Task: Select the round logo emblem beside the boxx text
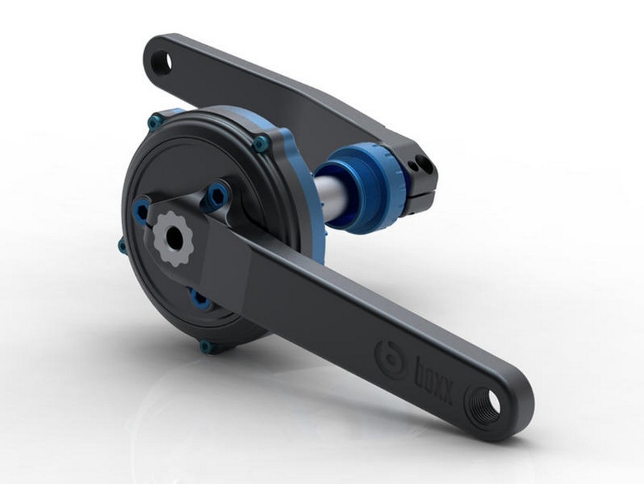pyautogui.click(x=389, y=356)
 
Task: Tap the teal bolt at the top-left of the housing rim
pyautogui.click(x=155, y=122)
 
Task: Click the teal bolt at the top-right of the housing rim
pyautogui.click(x=260, y=144)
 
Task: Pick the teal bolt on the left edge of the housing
pyautogui.click(x=122, y=246)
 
